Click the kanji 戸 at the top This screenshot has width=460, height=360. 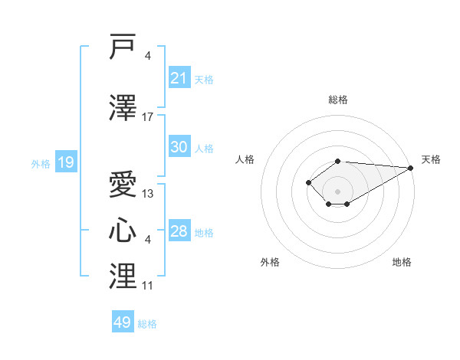pos(123,46)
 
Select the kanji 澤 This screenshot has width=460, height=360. pos(123,107)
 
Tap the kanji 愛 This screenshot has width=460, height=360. pos(123,184)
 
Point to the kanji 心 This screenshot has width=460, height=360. pos(123,230)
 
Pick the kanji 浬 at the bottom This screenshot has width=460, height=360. pos(123,276)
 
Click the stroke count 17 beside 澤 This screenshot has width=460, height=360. pos(147,117)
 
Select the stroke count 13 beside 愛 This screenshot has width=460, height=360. pos(147,194)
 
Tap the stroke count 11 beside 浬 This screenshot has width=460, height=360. pos(147,286)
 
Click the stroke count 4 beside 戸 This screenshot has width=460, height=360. pos(147,56)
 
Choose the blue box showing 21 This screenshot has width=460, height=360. pos(179,77)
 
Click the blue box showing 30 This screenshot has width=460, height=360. pos(179,146)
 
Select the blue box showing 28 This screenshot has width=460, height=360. pos(179,230)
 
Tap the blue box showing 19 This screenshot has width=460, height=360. pos(66,162)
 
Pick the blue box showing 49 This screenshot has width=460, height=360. pos(123,321)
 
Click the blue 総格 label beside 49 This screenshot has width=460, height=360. pos(147,324)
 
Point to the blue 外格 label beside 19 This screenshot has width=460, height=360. pos(41,164)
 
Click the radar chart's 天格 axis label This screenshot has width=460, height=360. pos(431,159)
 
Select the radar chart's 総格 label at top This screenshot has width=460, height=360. pos(338,100)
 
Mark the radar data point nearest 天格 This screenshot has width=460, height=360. pos(411,168)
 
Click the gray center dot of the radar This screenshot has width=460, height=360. pos(337,191)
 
